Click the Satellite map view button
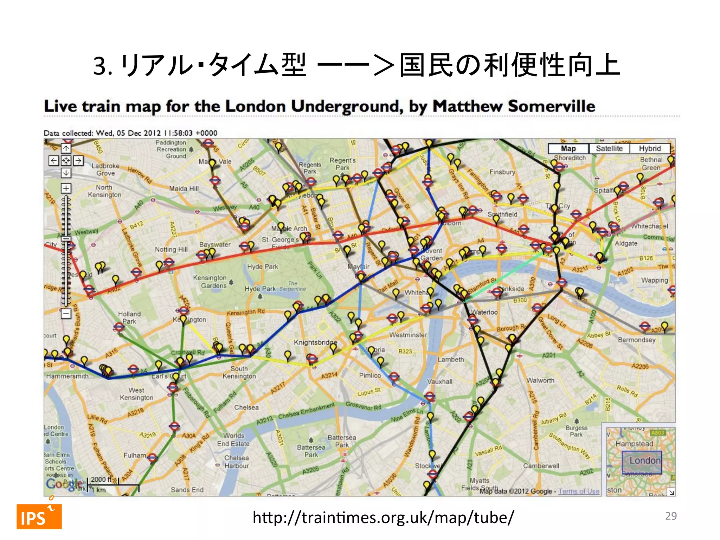click(x=609, y=148)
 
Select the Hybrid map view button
click(x=650, y=148)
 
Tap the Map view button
click(x=568, y=148)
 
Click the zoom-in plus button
click(x=66, y=188)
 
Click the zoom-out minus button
click(x=66, y=313)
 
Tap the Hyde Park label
click(x=262, y=266)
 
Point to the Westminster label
click(x=408, y=335)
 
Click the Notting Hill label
click(x=171, y=249)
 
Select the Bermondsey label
click(x=636, y=340)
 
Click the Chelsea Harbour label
click(x=236, y=462)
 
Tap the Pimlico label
click(x=369, y=375)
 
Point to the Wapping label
click(x=654, y=280)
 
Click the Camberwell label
click(x=541, y=466)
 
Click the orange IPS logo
click(x=39, y=516)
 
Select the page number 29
click(x=670, y=516)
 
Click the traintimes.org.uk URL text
click(x=383, y=517)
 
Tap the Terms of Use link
click(x=578, y=491)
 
